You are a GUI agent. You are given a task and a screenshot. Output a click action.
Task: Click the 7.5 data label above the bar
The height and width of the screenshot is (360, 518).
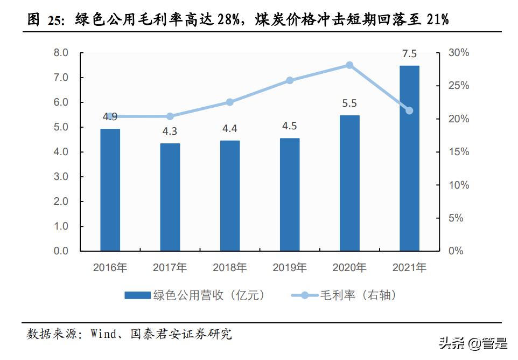409,53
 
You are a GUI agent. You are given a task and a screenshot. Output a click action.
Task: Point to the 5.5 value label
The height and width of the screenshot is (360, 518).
349,103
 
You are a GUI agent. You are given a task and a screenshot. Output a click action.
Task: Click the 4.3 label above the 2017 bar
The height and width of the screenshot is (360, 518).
170,131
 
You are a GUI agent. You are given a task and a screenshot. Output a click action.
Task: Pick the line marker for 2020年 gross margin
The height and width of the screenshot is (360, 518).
349,65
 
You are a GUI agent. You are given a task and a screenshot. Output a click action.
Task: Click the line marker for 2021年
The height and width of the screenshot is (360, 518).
409,110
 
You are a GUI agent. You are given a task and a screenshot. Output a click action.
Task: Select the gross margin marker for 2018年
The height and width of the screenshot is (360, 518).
229,102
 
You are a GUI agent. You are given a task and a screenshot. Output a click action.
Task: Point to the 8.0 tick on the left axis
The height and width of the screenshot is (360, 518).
61,53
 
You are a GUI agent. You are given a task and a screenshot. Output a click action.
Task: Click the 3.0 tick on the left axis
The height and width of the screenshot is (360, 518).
61,177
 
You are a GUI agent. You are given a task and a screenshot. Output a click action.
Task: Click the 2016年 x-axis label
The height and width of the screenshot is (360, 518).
110,267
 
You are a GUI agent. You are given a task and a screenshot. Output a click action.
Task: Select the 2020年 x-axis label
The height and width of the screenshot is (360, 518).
349,267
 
